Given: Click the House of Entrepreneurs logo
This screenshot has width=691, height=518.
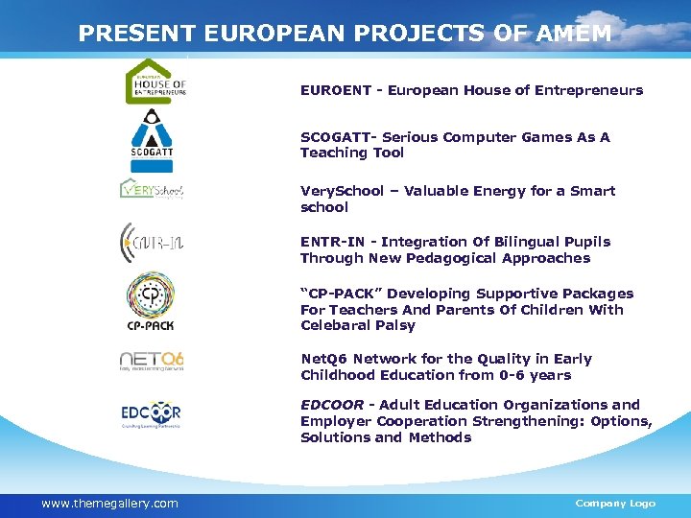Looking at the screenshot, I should (155, 81).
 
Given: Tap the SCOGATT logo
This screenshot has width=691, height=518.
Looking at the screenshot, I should (151, 135).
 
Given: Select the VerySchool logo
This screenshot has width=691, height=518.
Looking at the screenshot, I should (151, 189).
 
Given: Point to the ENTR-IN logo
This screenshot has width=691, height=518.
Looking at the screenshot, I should (151, 241).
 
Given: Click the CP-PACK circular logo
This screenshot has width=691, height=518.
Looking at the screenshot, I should (151, 299).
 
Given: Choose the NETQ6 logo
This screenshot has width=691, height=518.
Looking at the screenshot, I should (151, 361).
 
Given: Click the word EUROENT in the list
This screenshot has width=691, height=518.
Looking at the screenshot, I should (336, 90).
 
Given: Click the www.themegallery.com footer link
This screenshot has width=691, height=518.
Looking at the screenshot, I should (109, 504).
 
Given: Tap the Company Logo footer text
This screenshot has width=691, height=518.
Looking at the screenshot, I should (615, 504).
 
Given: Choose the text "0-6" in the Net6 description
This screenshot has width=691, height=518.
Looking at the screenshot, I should (504, 375).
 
